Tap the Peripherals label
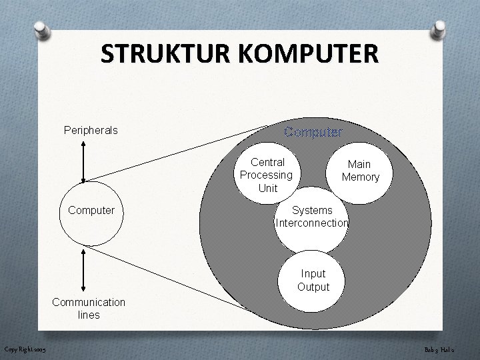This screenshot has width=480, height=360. (x=91, y=130)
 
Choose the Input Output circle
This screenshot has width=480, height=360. (x=313, y=280)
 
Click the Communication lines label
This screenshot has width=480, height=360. (x=89, y=308)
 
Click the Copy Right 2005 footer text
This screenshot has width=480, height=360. (x=23, y=349)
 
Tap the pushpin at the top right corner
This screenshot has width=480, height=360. (x=439, y=29)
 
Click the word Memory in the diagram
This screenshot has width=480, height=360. (x=360, y=177)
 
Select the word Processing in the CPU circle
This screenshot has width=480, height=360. (x=267, y=175)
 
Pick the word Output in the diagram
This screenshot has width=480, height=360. (x=313, y=287)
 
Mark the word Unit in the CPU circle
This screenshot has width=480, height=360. (x=267, y=188)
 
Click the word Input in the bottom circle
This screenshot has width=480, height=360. (x=313, y=273)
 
